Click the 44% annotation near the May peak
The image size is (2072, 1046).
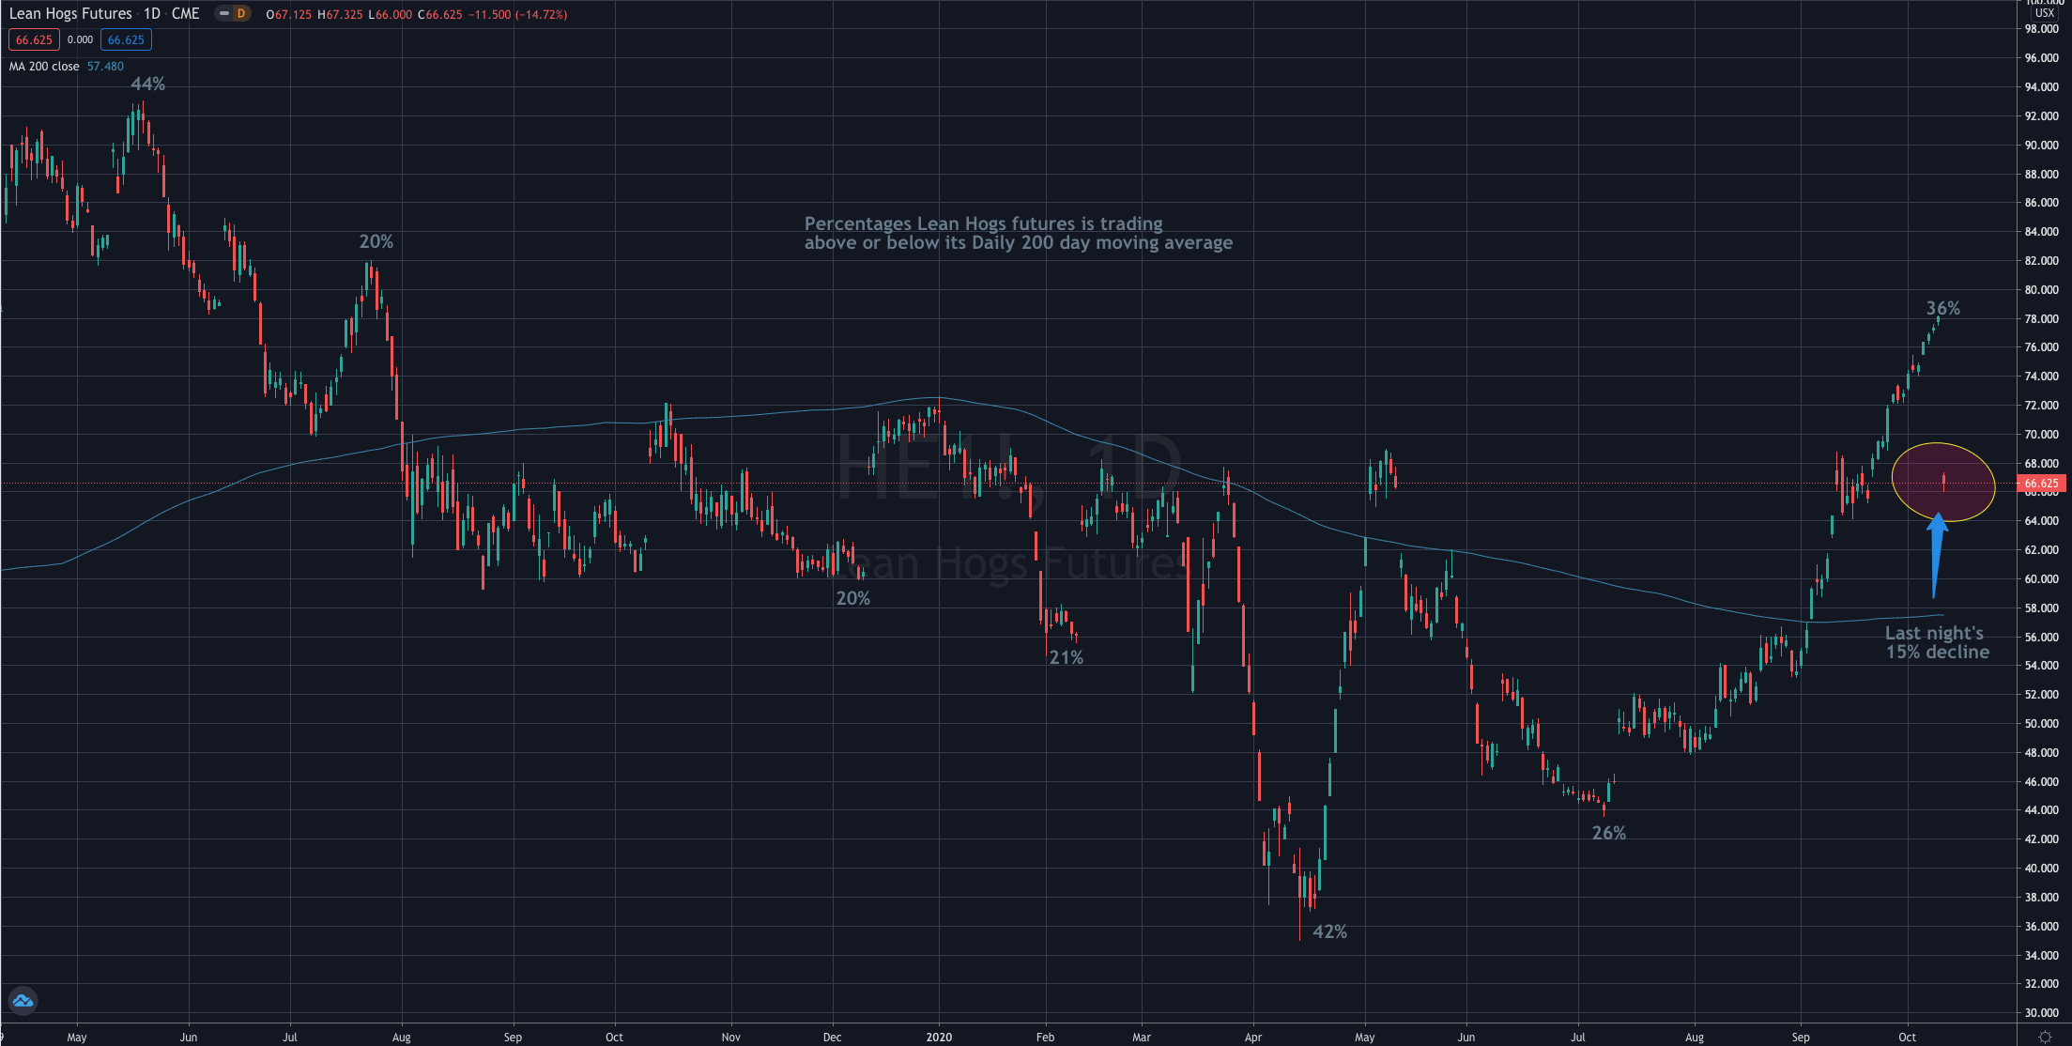coord(148,85)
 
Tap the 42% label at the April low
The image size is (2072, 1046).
coord(1329,931)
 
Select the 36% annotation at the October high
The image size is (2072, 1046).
coord(1942,308)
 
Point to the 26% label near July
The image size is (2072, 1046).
coord(1608,833)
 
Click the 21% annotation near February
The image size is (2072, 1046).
coord(1066,657)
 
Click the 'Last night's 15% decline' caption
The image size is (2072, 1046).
coord(1937,642)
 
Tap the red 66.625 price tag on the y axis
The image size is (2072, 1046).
coord(2041,484)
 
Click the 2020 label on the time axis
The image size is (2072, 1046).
coord(939,1038)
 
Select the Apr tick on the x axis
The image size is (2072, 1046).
coord(1252,1038)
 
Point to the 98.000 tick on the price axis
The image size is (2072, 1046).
coord(2042,29)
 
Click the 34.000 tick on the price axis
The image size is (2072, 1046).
coord(2042,956)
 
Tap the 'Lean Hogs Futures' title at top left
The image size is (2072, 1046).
coord(70,14)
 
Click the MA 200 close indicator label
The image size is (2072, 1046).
coord(44,67)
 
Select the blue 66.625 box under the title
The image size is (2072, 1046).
coord(126,40)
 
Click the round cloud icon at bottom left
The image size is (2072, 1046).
coord(23,1001)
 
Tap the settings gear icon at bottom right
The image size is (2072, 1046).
coord(2045,1037)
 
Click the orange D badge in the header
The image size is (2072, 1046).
coord(241,14)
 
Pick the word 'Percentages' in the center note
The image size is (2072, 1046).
coord(857,223)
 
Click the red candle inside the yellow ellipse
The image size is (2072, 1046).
coord(1942,483)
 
